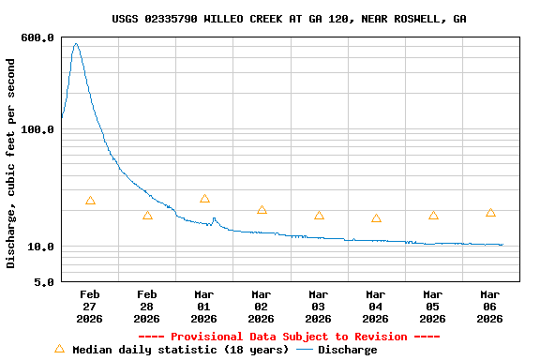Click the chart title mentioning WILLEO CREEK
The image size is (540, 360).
click(x=289, y=19)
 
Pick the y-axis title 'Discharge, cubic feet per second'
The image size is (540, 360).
click(x=11, y=163)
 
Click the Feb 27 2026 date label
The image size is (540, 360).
click(x=89, y=307)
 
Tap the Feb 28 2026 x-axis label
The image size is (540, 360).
click(x=146, y=307)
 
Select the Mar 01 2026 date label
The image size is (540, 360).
click(x=203, y=307)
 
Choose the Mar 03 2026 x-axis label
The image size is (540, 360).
click(x=319, y=307)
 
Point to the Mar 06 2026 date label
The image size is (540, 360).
click(x=490, y=307)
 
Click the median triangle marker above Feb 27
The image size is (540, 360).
click(x=90, y=201)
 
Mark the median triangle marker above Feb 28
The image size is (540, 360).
click(x=147, y=216)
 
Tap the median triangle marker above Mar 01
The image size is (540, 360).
click(x=204, y=199)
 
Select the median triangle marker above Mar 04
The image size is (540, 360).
click(x=376, y=218)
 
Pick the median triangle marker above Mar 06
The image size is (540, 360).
click(x=490, y=213)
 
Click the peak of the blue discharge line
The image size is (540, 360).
click(x=76, y=43)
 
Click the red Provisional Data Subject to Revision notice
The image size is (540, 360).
click(x=289, y=337)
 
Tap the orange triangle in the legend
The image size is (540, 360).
click(x=60, y=349)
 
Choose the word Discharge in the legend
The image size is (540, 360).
click(x=347, y=350)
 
